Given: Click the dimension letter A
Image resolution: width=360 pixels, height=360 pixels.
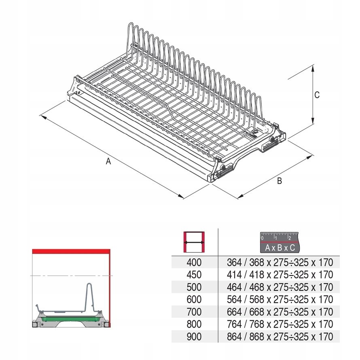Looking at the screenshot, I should (x=108, y=161).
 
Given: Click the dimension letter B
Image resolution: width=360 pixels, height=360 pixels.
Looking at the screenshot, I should (x=279, y=181).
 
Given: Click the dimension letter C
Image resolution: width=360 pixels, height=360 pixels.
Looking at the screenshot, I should (x=317, y=95).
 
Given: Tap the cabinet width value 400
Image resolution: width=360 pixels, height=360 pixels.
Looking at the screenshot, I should (x=194, y=263).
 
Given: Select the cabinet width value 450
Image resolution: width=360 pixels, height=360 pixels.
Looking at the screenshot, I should (x=194, y=275).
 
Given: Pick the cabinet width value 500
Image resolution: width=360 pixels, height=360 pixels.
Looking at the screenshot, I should (x=194, y=287).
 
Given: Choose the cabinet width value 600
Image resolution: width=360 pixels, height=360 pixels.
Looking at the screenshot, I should (x=194, y=300).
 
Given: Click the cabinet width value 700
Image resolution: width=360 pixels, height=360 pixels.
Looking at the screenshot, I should (x=194, y=312).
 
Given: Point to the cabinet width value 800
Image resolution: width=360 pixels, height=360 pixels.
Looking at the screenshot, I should (x=194, y=324).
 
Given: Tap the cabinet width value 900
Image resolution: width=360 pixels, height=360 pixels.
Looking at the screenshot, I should (x=194, y=337).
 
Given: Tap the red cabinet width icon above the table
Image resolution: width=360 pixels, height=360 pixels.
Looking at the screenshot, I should (x=194, y=242).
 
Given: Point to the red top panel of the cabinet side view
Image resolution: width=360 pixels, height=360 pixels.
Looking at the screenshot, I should (x=71, y=251).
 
